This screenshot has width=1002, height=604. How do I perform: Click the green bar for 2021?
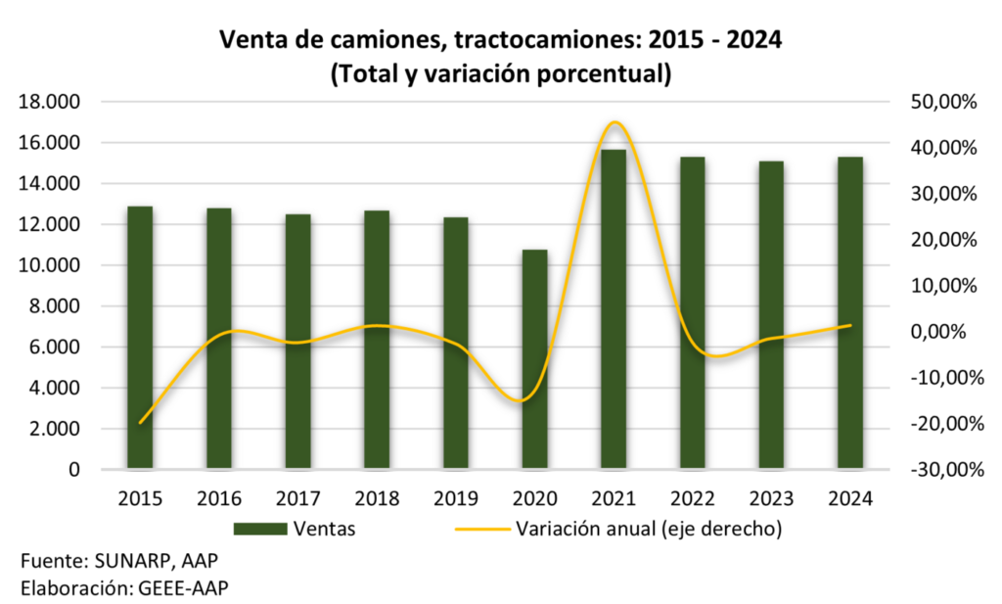pyautogui.click(x=613, y=309)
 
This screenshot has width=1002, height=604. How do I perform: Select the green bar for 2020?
pyautogui.click(x=534, y=359)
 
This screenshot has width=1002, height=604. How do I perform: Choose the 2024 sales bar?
pyautogui.click(x=849, y=313)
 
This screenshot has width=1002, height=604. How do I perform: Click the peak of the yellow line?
pyautogui.click(x=614, y=122)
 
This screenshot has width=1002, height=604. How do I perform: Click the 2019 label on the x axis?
pyautogui.click(x=455, y=499)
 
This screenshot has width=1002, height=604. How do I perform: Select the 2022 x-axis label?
pyautogui.click(x=692, y=499)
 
